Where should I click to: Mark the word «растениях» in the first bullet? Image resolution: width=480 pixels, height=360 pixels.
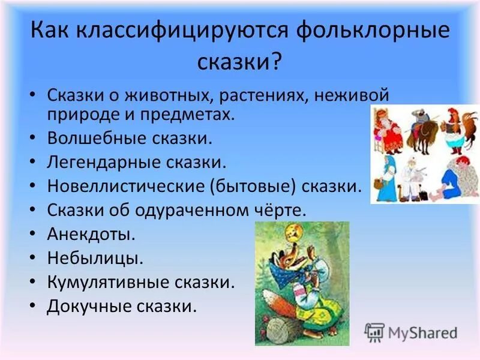point(259,95)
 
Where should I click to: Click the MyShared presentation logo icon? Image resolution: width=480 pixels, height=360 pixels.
point(374,332)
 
